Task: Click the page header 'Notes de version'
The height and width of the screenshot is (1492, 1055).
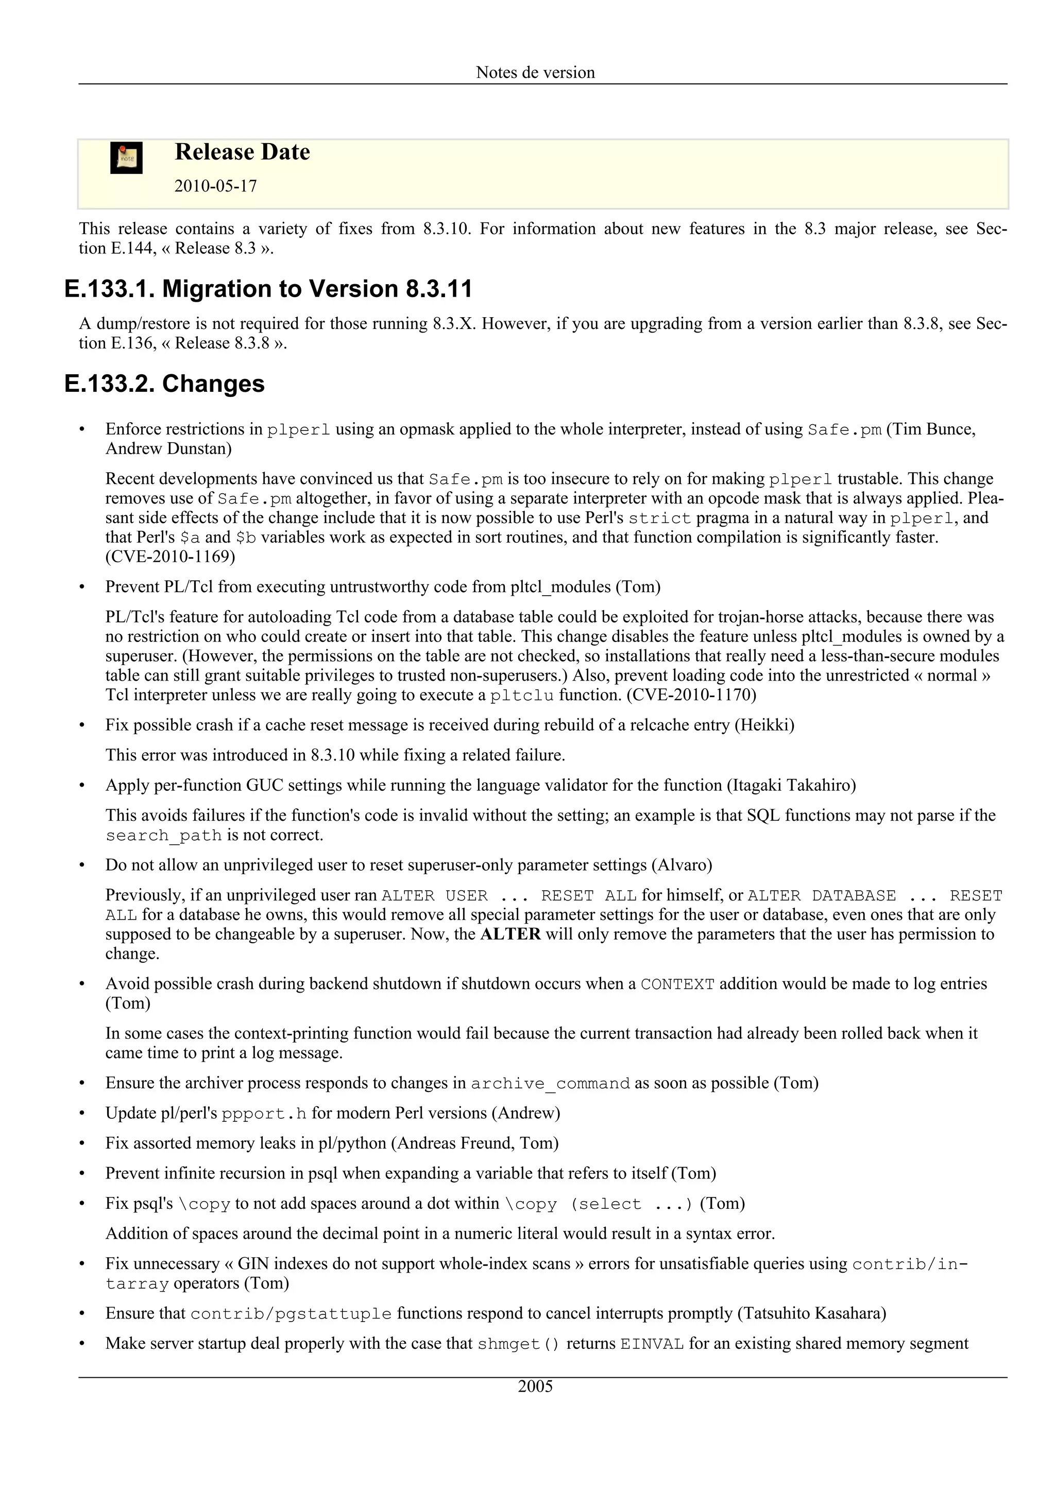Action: pyautogui.click(x=535, y=72)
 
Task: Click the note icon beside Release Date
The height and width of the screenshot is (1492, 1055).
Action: pyautogui.click(x=126, y=158)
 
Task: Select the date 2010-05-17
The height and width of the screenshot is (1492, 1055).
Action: pyautogui.click(x=215, y=186)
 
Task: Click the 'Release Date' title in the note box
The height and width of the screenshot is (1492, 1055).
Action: pyautogui.click(x=242, y=152)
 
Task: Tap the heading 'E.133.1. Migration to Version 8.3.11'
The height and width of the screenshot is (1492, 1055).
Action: pyautogui.click(x=268, y=288)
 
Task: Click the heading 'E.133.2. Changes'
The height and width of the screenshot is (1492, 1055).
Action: pyautogui.click(x=164, y=384)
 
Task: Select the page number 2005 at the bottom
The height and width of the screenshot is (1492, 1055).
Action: pyautogui.click(x=535, y=1387)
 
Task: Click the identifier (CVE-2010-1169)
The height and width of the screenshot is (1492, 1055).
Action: pyautogui.click(x=171, y=557)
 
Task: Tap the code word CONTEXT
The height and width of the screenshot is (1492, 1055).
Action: pyautogui.click(x=677, y=984)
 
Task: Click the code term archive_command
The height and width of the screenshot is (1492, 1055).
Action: pyautogui.click(x=550, y=1084)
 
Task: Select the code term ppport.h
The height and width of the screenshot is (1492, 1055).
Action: pyautogui.click(x=264, y=1114)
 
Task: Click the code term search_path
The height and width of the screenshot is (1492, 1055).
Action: pyautogui.click(x=164, y=836)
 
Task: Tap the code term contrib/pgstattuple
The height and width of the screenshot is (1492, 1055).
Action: pyautogui.click(x=291, y=1314)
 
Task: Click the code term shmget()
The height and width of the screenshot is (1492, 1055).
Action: pyautogui.click(x=518, y=1344)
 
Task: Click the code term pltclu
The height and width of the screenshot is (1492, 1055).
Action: pyautogui.click(x=521, y=696)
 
